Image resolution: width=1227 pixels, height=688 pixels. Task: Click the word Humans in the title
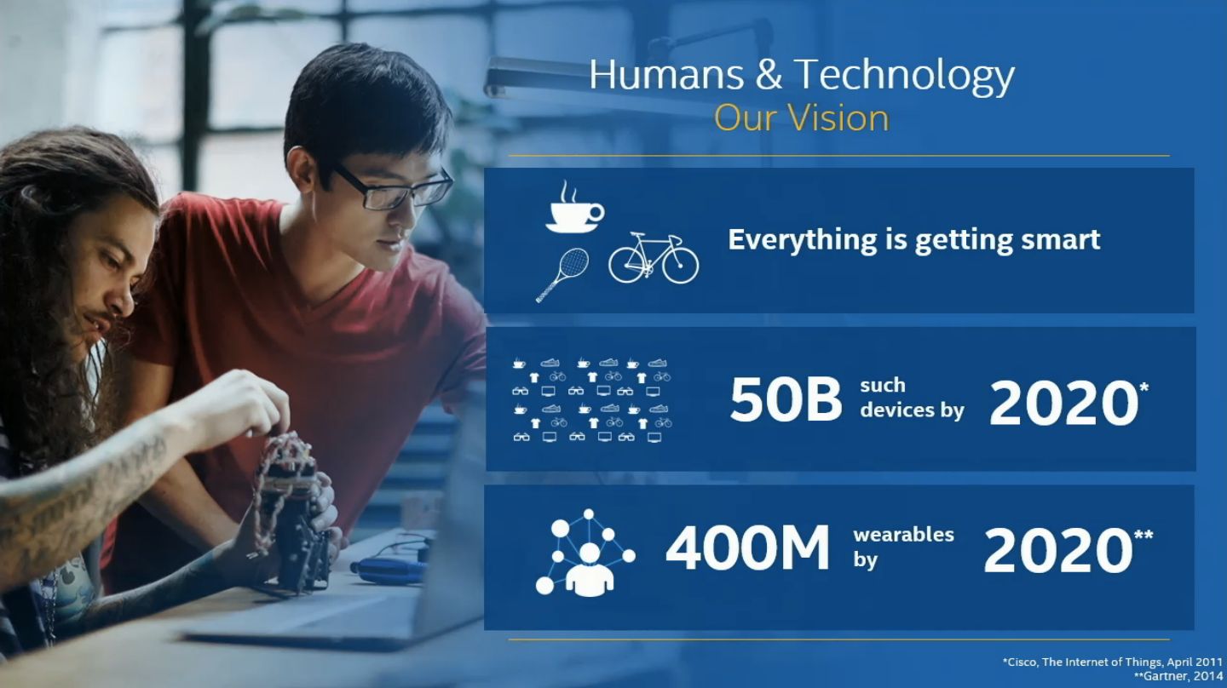point(666,74)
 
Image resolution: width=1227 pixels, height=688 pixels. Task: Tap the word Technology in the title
point(904,77)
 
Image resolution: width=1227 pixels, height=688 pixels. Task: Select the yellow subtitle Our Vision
point(801,118)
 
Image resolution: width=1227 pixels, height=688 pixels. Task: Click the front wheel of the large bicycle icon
point(680,265)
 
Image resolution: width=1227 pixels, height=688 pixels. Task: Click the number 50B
point(786,400)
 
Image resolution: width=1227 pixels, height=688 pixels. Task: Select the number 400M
point(747,548)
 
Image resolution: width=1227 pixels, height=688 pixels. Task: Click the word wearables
point(903,534)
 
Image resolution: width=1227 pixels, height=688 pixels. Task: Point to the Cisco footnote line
point(1112,662)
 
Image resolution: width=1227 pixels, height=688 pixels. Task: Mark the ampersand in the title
point(769,75)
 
